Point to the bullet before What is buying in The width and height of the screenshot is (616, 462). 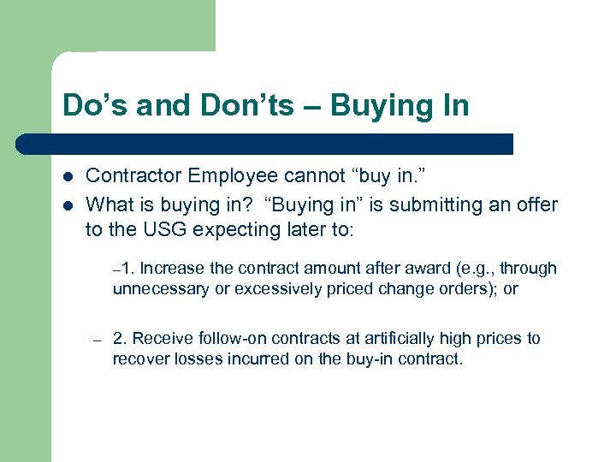point(68,205)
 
